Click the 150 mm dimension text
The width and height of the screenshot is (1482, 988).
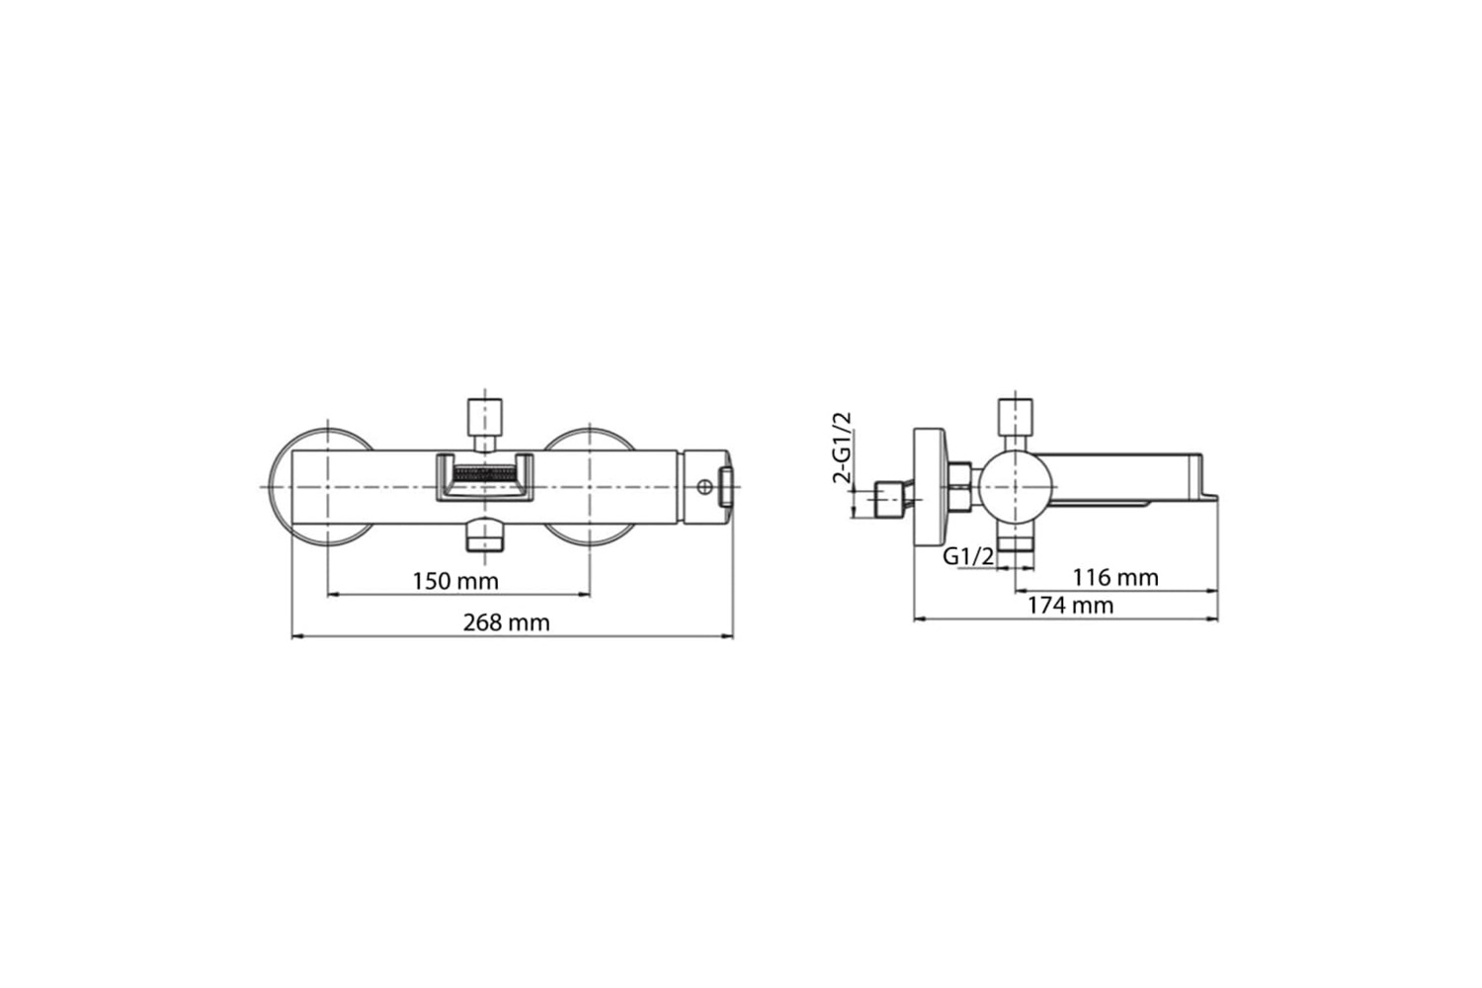click(x=455, y=582)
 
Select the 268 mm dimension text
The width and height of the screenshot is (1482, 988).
click(x=506, y=622)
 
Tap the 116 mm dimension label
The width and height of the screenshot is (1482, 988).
click(x=1115, y=578)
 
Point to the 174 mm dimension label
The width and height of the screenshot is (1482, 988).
click(x=1070, y=606)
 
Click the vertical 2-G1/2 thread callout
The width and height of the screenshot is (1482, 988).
click(x=842, y=448)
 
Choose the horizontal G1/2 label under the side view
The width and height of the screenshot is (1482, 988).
click(x=968, y=556)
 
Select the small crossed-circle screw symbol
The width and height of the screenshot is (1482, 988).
click(x=704, y=488)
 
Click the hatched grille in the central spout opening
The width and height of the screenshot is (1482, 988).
click(x=485, y=473)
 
